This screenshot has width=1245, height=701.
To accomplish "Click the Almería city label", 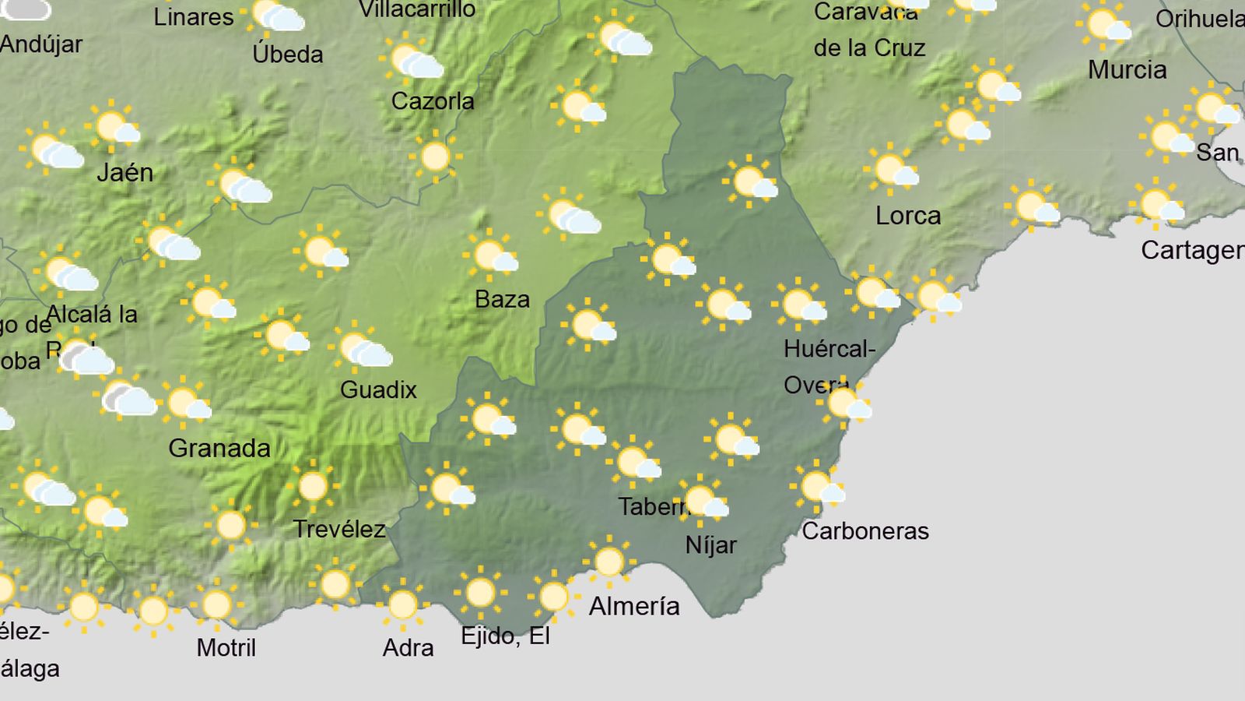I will pyautogui.click(x=634, y=606).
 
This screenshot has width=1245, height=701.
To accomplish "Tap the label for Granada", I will pyautogui.click(x=219, y=448).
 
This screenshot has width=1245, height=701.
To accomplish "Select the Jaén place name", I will pyautogui.click(x=124, y=172).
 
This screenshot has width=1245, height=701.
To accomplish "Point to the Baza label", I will pyautogui.click(x=502, y=299).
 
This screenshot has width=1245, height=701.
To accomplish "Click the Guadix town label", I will pyautogui.click(x=378, y=389).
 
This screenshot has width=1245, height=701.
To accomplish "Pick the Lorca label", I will pyautogui.click(x=908, y=215).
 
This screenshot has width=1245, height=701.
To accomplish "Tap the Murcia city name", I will pyautogui.click(x=1127, y=70).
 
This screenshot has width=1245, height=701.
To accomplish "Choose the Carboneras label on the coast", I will pyautogui.click(x=865, y=531).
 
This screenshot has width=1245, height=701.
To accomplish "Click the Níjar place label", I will pyautogui.click(x=710, y=545).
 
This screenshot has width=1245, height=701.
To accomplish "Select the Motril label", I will pyautogui.click(x=226, y=647).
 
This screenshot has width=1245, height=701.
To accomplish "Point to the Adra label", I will pyautogui.click(x=408, y=647).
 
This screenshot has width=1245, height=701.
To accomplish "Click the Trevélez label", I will pyautogui.click(x=339, y=530).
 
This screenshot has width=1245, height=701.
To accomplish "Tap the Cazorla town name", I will pyautogui.click(x=433, y=101).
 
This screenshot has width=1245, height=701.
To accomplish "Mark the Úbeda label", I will pyautogui.click(x=288, y=54).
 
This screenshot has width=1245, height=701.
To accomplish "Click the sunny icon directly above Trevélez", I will pyautogui.click(x=313, y=487).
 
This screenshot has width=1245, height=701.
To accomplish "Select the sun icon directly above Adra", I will pyautogui.click(x=402, y=604).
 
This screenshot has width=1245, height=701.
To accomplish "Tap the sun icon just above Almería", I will pyautogui.click(x=608, y=562).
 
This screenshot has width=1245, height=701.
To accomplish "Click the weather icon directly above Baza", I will pyautogui.click(x=493, y=255).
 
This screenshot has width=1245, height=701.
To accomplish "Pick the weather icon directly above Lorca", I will pyautogui.click(x=892, y=170).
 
